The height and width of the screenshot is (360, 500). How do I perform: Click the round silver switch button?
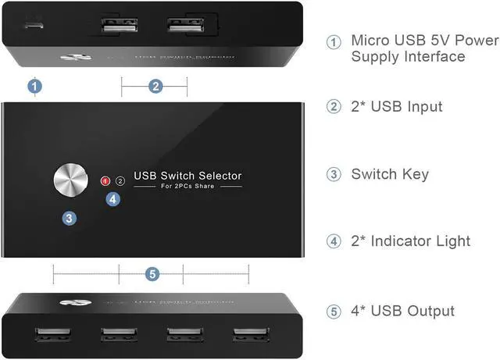71,179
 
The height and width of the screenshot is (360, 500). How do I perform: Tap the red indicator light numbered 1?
106,181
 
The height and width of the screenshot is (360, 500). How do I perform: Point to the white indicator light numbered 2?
120,181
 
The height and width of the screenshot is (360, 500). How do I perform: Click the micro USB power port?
34,24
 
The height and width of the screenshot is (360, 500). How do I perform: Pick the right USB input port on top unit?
185,27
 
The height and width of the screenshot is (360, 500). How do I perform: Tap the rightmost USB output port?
249,336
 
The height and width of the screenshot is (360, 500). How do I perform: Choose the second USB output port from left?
118,336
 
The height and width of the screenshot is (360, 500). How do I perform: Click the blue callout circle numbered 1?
34,86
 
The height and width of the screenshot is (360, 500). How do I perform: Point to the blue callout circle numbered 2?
155,86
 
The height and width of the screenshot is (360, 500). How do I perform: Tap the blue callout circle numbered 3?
70,219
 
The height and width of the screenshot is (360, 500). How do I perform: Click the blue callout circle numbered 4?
113,199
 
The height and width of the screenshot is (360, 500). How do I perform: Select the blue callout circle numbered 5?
152,274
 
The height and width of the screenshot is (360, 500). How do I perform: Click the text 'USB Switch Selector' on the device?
187,176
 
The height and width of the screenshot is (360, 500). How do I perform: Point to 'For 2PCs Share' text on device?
187,187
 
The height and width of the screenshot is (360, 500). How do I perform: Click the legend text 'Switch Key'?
390,174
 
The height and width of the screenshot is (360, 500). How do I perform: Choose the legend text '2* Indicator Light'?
410,241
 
